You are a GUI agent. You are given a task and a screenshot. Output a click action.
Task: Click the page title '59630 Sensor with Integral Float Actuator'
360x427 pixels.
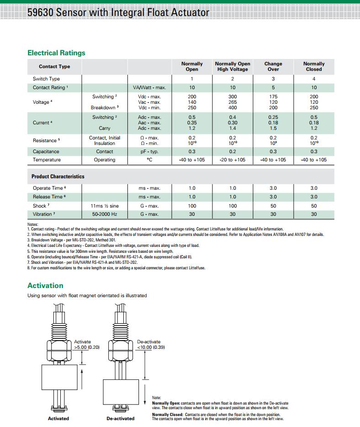pyautogui.click(x=118, y=12)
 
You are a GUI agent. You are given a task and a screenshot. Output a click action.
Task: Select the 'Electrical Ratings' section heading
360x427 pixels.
pyautogui.click(x=56, y=53)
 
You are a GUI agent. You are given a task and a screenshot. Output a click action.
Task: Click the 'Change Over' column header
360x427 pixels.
pyautogui.click(x=273, y=66)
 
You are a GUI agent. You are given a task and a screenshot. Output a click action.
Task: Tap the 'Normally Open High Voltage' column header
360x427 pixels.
pyautogui.click(x=233, y=66)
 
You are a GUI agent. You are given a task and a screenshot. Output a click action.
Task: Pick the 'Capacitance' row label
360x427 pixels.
pyautogui.click(x=46, y=151)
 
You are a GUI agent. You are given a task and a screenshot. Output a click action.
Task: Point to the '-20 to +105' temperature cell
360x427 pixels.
pyautogui.click(x=233, y=160)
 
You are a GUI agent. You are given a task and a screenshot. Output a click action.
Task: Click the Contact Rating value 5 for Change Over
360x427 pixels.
pyautogui.click(x=273, y=87)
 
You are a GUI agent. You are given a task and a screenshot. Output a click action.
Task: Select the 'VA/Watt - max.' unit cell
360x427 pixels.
pyautogui.click(x=149, y=87)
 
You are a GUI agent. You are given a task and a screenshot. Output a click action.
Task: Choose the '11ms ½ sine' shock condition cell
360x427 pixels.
pyautogui.click(x=105, y=206)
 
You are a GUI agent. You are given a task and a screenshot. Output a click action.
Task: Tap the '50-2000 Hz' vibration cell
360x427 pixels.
pyautogui.click(x=105, y=214)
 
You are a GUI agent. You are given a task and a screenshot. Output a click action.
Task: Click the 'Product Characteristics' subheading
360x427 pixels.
pyautogui.click(x=58, y=176)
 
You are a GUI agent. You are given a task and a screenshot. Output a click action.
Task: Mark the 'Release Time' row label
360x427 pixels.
pyautogui.click(x=48, y=197)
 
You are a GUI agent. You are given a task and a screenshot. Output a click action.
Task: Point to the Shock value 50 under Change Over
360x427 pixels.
pyautogui.click(x=273, y=206)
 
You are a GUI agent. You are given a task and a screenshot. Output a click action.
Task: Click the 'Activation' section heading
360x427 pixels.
pyautogui.click(x=45, y=285)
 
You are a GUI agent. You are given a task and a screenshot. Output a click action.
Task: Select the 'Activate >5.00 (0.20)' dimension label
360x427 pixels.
pyautogui.click(x=86, y=345)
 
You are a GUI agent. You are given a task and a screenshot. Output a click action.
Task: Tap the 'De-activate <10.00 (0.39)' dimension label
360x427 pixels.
pyautogui.click(x=150, y=345)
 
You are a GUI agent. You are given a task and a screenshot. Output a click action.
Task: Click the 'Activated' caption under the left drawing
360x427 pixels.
pyautogui.click(x=58, y=418)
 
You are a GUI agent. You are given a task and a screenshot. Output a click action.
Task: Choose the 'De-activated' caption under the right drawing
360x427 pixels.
pyautogui.click(x=121, y=418)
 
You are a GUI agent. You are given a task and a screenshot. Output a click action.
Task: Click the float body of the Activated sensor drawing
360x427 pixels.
pyautogui.click(x=60, y=377)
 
